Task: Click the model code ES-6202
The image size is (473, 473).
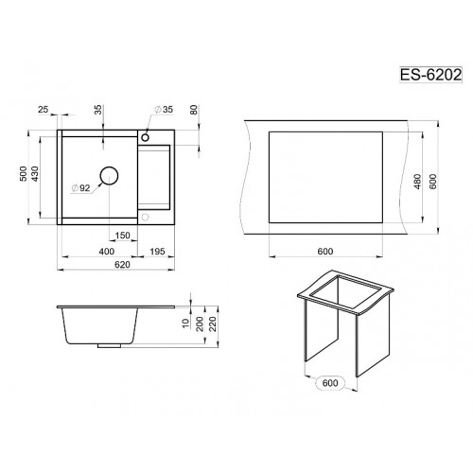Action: (430, 75)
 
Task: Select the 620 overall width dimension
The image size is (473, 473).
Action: (122, 264)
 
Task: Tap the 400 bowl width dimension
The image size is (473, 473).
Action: (107, 252)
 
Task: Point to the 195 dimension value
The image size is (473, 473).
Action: (157, 252)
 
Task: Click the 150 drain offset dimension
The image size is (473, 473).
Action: (122, 236)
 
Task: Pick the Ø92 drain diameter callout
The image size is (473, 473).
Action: (81, 188)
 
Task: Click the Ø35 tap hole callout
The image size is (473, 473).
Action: (164, 109)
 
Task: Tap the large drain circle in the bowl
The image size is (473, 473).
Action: (109, 176)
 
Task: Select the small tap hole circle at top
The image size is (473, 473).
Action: (145, 137)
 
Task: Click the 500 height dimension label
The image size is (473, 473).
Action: (24, 174)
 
